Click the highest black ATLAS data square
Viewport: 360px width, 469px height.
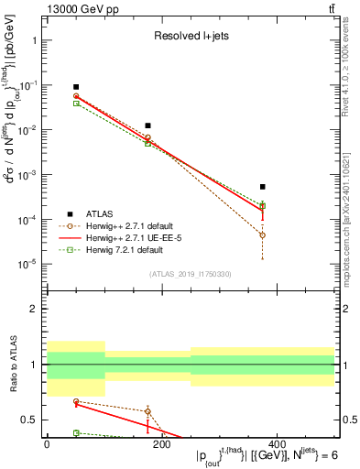(51, 87)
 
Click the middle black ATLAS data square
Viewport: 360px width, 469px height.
(147, 125)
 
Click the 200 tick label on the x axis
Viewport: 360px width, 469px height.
(161, 444)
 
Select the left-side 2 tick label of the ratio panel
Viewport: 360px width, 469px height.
(33, 309)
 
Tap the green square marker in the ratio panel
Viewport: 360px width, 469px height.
(51, 432)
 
